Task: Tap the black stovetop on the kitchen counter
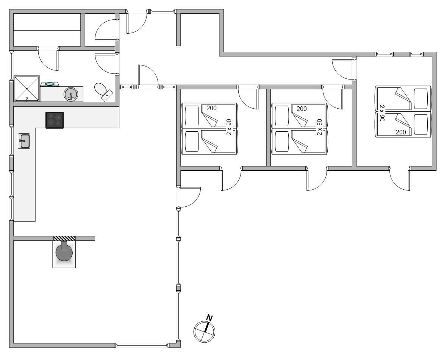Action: [55, 120]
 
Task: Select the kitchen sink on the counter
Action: [24, 141]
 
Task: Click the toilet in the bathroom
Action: [103, 91]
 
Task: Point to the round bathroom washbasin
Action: [70, 94]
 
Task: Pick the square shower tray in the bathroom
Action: [27, 89]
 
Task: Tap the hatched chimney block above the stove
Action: [64, 238]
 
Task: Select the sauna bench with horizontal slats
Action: [47, 22]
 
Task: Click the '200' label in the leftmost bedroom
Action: [211, 108]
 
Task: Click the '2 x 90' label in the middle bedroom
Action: [319, 127]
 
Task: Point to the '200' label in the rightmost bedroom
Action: [401, 132]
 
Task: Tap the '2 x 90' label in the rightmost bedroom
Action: [382, 113]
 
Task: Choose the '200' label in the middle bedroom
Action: [302, 109]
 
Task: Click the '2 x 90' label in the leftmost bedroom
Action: [229, 127]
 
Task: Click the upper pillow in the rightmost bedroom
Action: [421, 99]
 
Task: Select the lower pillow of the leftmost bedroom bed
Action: [192, 142]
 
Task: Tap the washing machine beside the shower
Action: [50, 84]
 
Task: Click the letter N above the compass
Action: [209, 318]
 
